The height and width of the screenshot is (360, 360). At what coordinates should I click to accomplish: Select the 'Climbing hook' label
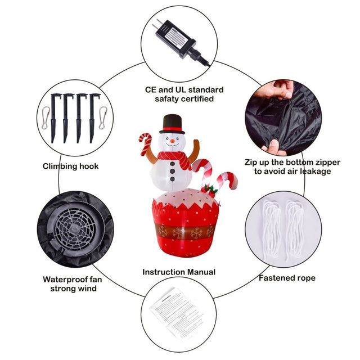pyautogui.click(x=70, y=166)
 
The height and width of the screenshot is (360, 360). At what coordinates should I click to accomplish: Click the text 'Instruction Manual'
pyautogui.click(x=179, y=272)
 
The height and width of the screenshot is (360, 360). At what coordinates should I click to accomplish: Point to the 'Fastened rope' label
pyautogui.click(x=287, y=278)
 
